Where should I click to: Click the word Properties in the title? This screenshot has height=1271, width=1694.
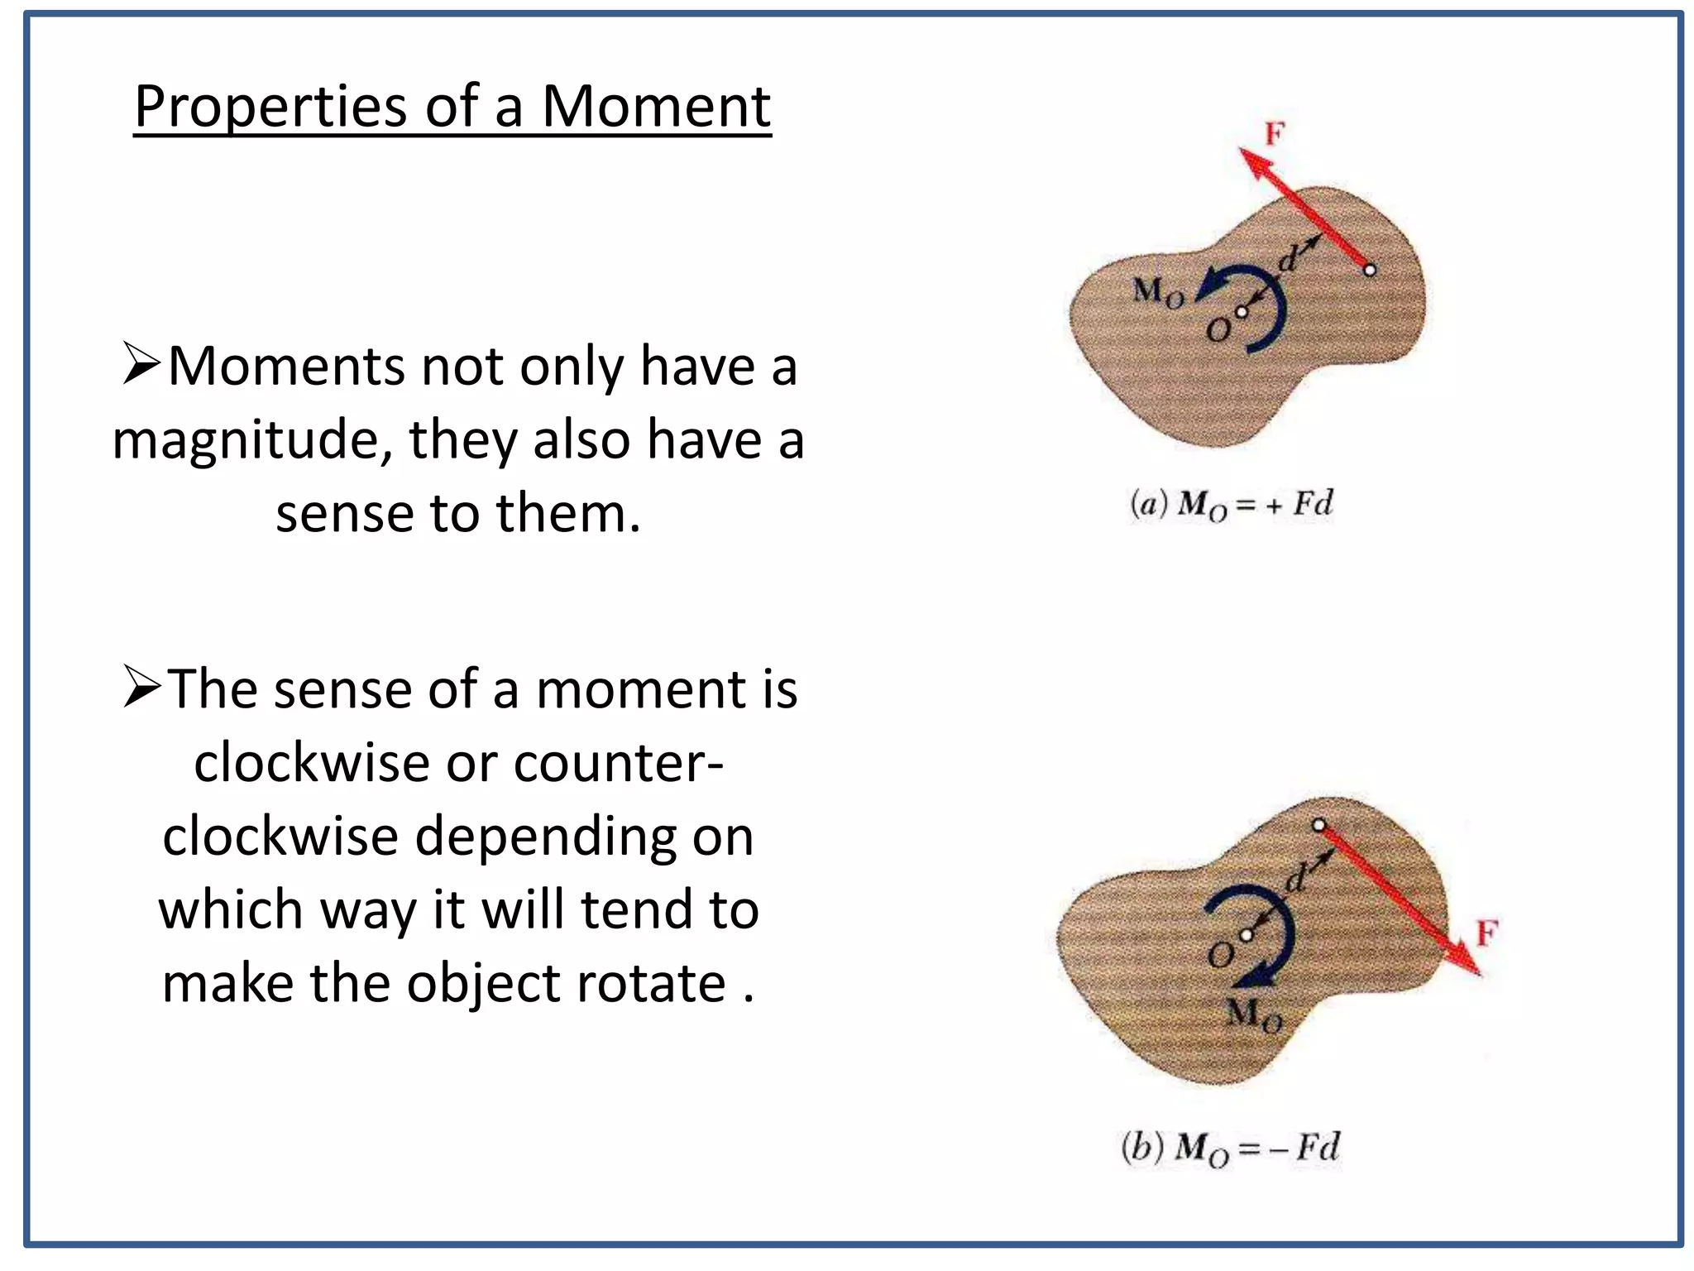(272, 108)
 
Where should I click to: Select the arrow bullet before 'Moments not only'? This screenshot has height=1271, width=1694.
(140, 364)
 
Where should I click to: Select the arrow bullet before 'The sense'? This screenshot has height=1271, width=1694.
(140, 687)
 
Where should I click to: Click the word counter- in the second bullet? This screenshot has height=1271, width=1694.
(618, 761)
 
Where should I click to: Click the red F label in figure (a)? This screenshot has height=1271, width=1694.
(1275, 133)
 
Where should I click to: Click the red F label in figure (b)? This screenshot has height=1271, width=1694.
(1486, 933)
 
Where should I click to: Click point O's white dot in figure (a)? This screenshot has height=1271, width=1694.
(1241, 312)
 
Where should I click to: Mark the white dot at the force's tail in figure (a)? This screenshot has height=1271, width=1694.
(1370, 270)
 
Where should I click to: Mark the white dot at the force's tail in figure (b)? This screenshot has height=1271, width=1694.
(1319, 825)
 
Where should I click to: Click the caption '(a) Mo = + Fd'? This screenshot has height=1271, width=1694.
(1231, 505)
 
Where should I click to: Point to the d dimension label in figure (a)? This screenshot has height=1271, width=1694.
(1289, 260)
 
